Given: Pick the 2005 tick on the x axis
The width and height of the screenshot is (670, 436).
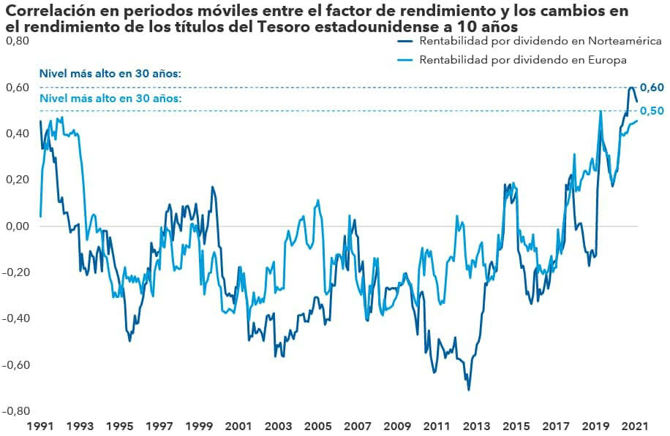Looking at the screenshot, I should [x=317, y=425].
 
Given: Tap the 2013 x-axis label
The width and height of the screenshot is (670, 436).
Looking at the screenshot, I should [x=476, y=425].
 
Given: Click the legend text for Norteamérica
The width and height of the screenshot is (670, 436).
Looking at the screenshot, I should [x=541, y=40].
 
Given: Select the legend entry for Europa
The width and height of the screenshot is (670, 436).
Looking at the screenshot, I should [x=523, y=60].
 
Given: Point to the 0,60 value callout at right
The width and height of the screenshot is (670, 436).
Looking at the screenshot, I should [x=652, y=88].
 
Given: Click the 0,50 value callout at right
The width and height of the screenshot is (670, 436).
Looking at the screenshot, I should [x=652, y=111].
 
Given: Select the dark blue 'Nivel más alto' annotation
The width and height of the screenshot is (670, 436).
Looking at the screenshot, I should [x=110, y=74].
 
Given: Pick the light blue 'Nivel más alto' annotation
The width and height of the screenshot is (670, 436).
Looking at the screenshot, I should [x=110, y=98].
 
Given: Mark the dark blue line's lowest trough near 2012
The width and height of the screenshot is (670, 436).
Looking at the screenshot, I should [x=468, y=389].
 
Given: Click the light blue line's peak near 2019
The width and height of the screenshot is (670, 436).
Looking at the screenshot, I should [x=601, y=112].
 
